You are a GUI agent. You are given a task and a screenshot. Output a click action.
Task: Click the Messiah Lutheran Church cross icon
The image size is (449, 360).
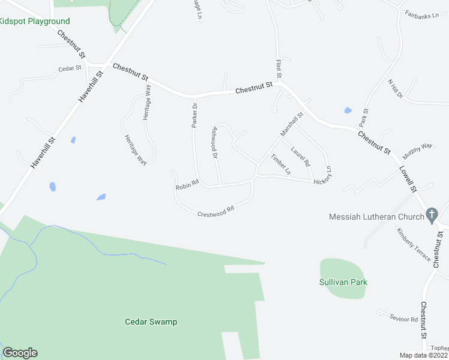[431, 215]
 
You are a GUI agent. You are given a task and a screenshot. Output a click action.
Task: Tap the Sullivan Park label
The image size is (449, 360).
[343, 282]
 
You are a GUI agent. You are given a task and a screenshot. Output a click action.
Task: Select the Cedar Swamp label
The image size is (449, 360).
[151, 322]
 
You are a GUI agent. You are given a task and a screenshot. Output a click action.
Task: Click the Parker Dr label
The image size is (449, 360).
[194, 114]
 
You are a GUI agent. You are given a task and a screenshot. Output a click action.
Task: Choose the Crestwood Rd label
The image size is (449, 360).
[215, 211]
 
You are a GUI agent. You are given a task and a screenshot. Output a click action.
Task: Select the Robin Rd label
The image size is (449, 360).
[187, 188]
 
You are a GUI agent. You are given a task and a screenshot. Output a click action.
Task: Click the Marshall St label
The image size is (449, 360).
[292, 123]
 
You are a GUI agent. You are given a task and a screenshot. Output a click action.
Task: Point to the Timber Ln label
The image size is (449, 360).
[280, 164]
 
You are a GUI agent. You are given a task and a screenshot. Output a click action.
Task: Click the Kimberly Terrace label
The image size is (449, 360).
[413, 244]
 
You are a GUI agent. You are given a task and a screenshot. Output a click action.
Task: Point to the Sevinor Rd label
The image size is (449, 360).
[403, 319]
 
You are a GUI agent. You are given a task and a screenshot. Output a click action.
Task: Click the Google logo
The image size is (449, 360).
[20, 353]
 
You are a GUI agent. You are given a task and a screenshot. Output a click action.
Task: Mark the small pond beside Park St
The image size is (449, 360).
[348, 110]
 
